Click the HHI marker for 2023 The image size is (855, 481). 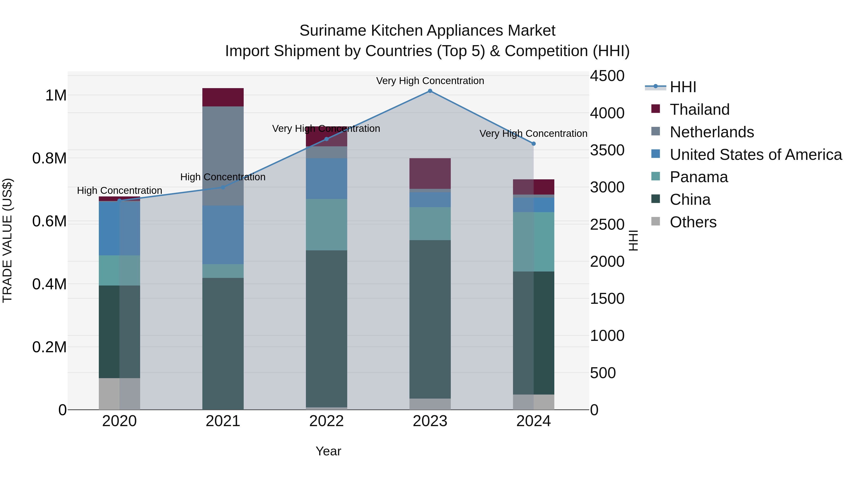[430, 91]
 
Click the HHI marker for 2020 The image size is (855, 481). [119, 200]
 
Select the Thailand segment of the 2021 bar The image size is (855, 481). [223, 97]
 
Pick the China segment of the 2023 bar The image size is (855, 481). [430, 319]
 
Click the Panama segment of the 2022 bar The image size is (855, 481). [326, 225]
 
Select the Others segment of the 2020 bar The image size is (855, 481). [119, 394]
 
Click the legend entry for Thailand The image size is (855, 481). [699, 110]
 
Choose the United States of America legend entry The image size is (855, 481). [755, 155]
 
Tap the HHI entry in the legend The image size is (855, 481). [683, 87]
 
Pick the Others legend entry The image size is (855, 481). [693, 222]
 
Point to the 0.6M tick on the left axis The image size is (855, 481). [49, 221]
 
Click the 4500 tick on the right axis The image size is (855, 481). [607, 76]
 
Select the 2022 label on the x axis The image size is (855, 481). [326, 421]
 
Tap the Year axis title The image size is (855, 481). [328, 451]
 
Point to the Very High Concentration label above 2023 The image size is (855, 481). [430, 81]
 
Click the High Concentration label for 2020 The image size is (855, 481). [119, 190]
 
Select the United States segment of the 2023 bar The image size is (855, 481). [430, 200]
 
